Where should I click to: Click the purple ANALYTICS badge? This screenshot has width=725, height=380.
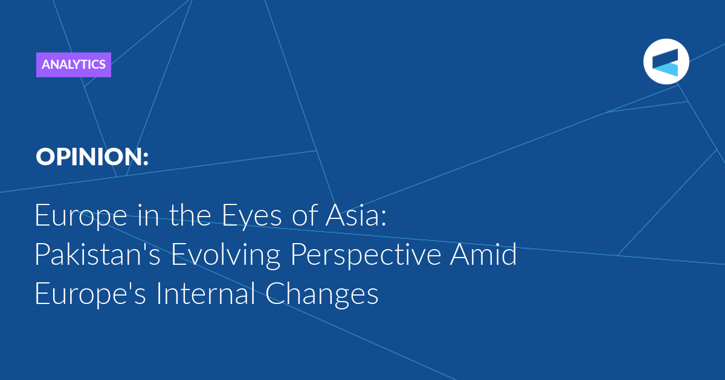(74, 65)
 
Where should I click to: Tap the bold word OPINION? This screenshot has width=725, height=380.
(88, 157)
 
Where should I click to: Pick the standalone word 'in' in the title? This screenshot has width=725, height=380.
(148, 215)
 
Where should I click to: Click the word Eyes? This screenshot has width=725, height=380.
(251, 217)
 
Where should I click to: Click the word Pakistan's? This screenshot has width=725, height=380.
(97, 254)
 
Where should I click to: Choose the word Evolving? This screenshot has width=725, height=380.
(225, 256)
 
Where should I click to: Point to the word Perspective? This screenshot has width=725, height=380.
(366, 256)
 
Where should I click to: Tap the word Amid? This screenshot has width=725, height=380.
(483, 254)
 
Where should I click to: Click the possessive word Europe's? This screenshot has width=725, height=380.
(90, 295)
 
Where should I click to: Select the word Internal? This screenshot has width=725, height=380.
(205, 293)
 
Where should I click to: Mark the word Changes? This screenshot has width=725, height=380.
(321, 295)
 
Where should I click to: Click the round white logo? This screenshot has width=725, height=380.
(666, 62)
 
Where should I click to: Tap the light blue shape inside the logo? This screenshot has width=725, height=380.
(667, 69)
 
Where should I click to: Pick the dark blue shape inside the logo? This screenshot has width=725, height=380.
(666, 59)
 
